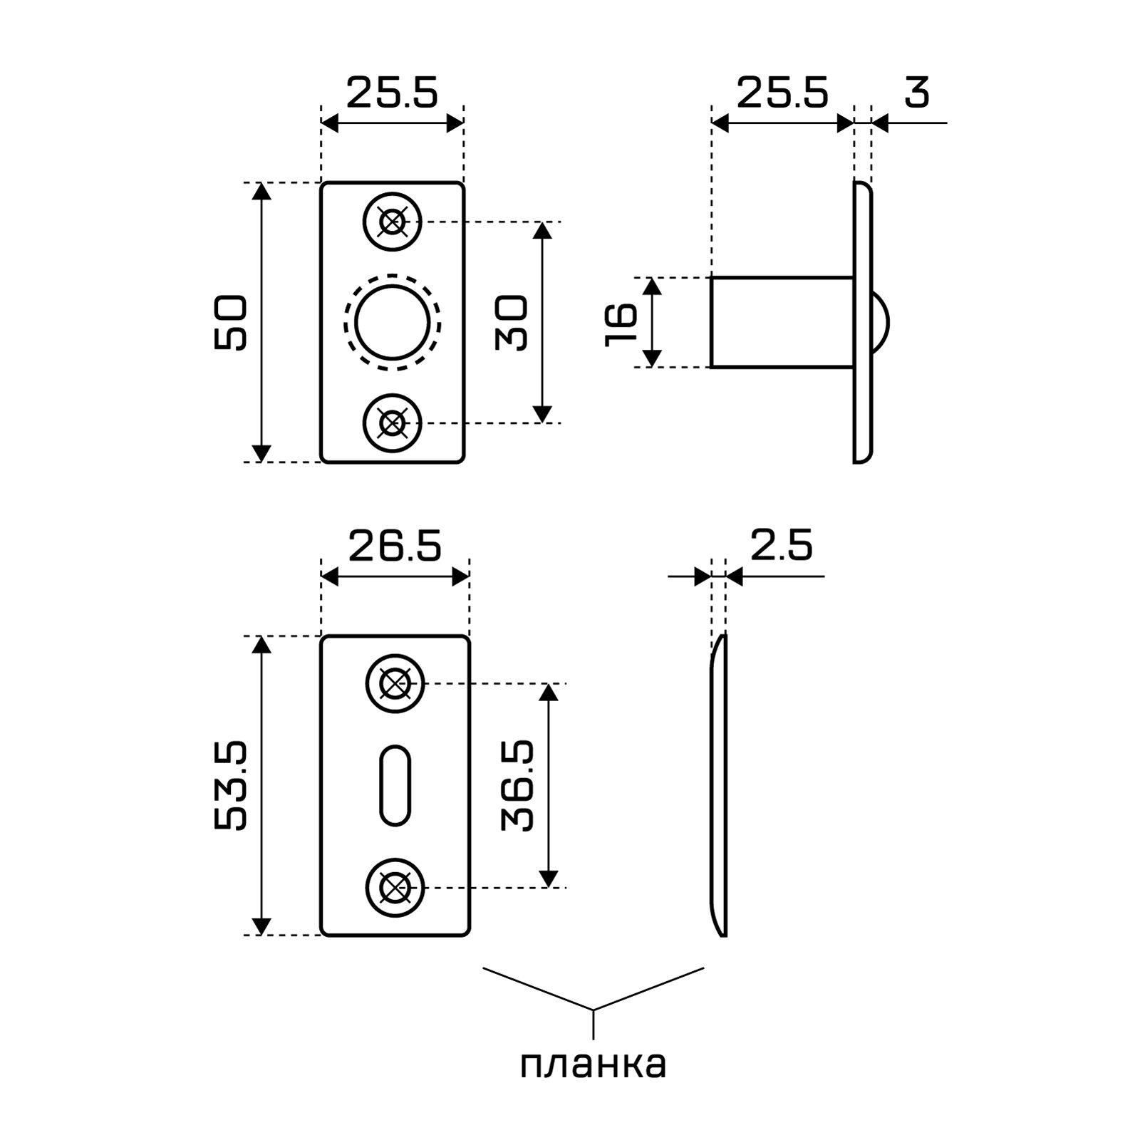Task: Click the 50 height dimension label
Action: (x=230, y=323)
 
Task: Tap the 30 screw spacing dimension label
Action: (x=512, y=323)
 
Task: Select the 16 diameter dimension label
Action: (x=621, y=323)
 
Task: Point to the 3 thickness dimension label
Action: (x=917, y=93)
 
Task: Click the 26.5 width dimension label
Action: (x=395, y=546)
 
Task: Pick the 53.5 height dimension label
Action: (x=230, y=785)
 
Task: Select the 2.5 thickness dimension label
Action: (x=781, y=546)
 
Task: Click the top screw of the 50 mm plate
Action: (x=392, y=222)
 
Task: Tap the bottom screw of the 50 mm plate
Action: (x=392, y=424)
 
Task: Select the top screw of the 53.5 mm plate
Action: (x=395, y=684)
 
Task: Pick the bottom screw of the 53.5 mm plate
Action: (x=395, y=888)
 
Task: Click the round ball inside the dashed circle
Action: (x=392, y=322)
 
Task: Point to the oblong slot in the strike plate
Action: (x=395, y=785)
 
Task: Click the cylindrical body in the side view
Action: (x=782, y=322)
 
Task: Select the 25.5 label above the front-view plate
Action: (x=392, y=93)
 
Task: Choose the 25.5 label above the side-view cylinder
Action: (x=782, y=93)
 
